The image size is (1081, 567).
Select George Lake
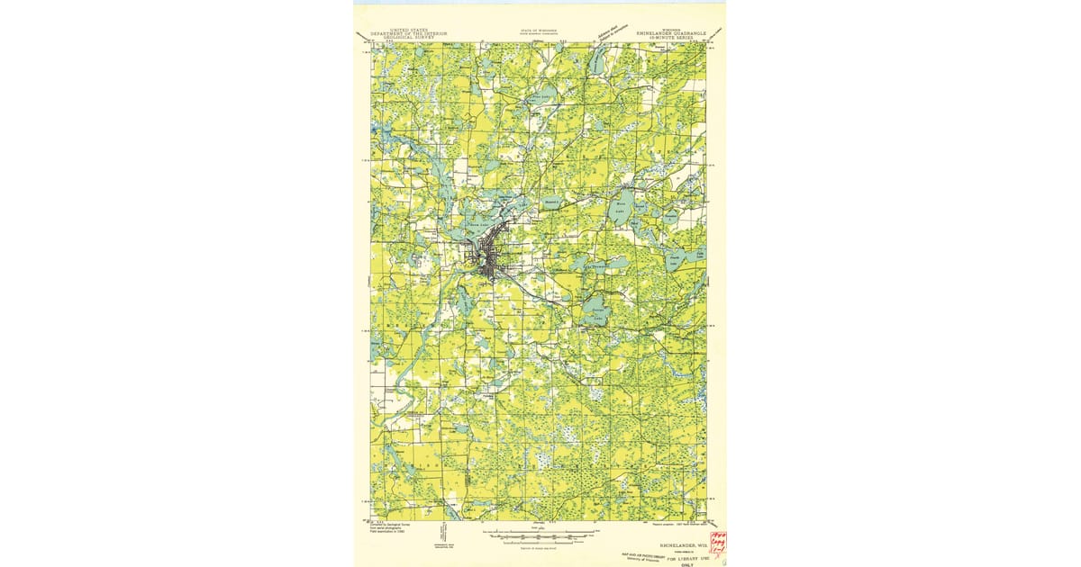tap(595, 310)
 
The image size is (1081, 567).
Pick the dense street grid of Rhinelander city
tap(489, 261)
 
